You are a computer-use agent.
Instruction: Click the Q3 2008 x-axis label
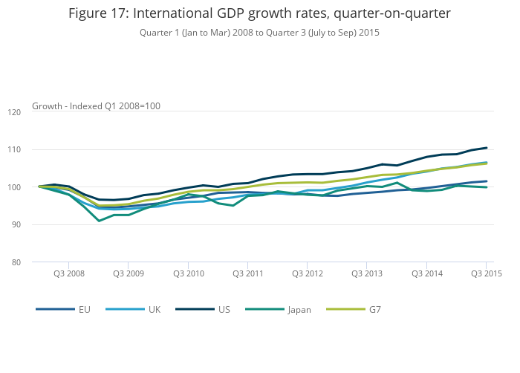pyautogui.click(x=68, y=273)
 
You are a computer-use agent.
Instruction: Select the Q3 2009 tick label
pyautogui.click(x=128, y=273)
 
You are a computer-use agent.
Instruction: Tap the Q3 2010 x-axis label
pyautogui.click(x=188, y=273)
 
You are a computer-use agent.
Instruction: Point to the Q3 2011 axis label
pyautogui.click(x=247, y=273)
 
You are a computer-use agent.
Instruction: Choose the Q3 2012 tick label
pyautogui.click(x=307, y=273)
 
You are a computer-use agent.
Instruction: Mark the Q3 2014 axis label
pyautogui.click(x=426, y=273)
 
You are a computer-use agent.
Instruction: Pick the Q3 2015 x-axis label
pyautogui.click(x=486, y=273)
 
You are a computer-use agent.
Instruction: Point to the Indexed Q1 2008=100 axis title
pyautogui.click(x=115, y=106)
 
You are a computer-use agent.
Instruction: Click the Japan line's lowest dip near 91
pyautogui.click(x=99, y=221)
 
